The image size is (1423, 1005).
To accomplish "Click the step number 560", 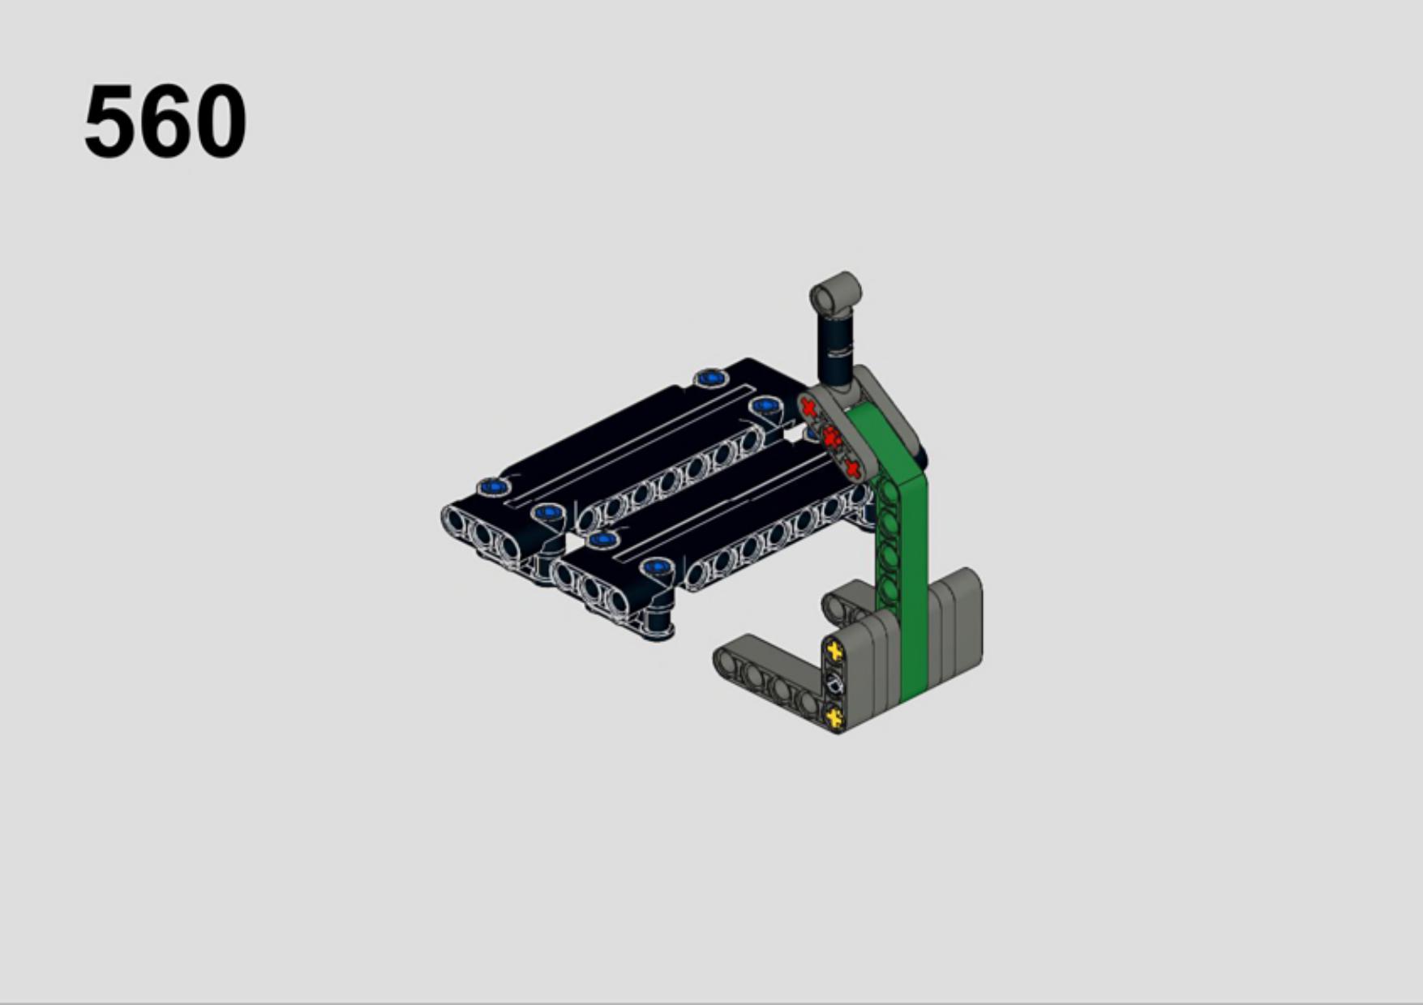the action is (165, 122).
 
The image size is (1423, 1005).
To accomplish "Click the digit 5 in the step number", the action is (109, 122).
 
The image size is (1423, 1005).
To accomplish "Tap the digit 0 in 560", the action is (221, 122).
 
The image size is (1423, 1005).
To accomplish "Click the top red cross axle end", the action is (808, 407).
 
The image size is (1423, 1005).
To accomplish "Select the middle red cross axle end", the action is (830, 438).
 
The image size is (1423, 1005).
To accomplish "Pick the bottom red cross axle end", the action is (851, 468).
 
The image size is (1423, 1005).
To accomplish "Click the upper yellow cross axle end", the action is (834, 651).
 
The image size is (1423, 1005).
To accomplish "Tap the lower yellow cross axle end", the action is (834, 716).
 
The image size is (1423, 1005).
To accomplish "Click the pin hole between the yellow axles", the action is (834, 684).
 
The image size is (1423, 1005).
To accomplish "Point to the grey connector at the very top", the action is (835, 293).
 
